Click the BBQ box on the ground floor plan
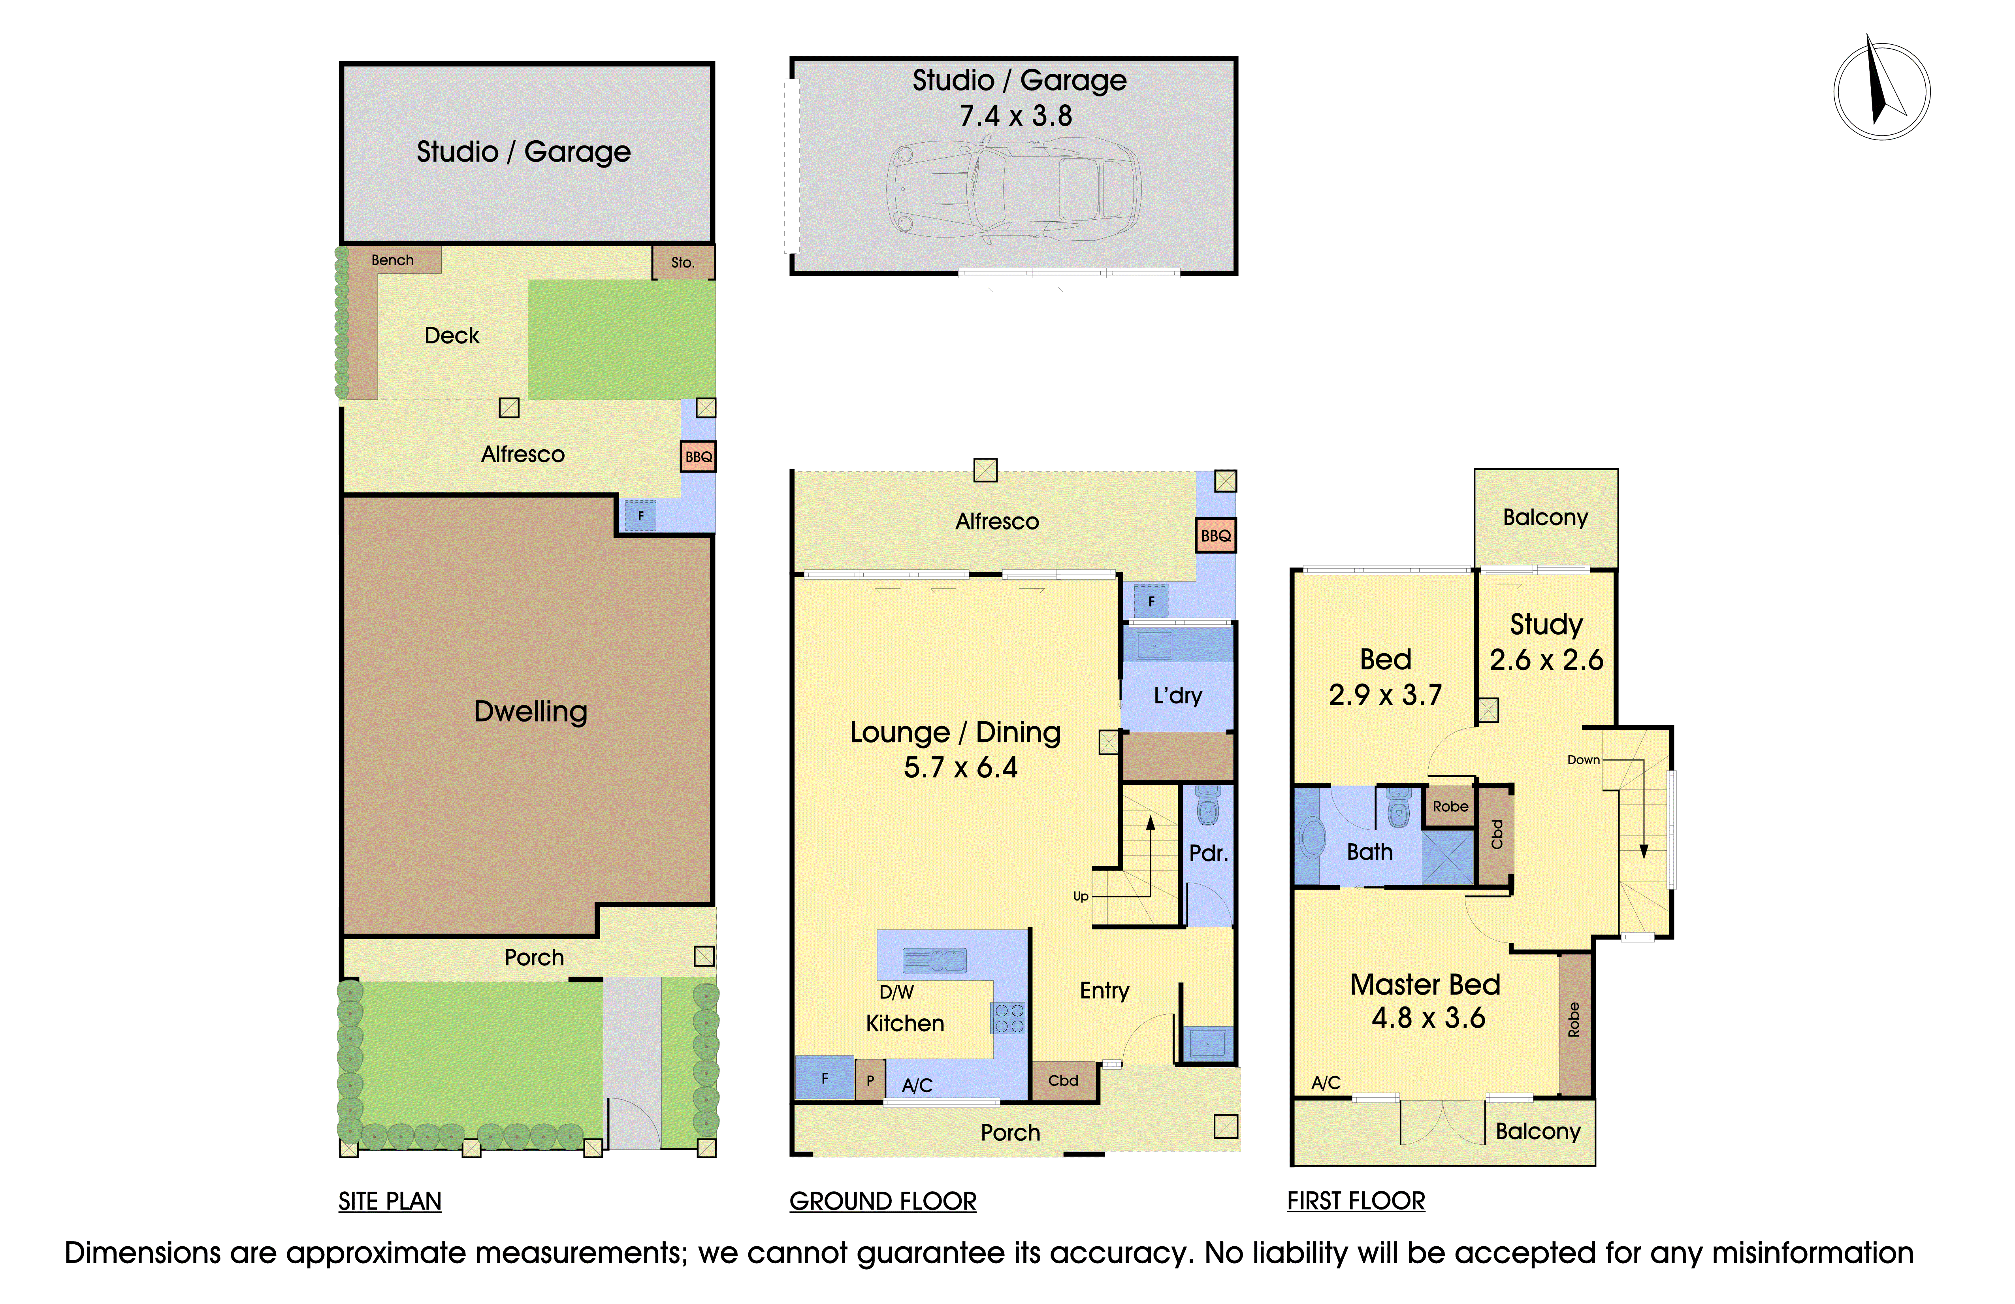1216,535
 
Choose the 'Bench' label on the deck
393,260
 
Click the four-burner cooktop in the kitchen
1008,1018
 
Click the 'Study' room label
1546,625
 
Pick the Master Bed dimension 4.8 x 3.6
1428,1018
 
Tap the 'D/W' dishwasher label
896,992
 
